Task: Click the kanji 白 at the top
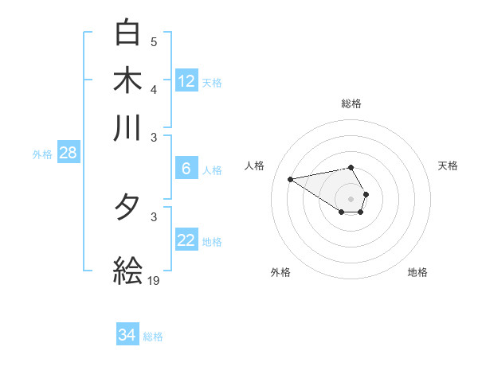coord(127,33)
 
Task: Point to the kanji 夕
coord(127,208)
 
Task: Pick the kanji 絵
coord(127,271)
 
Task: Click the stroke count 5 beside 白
coord(154,42)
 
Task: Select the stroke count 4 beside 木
coord(154,89)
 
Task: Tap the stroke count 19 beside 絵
coord(155,281)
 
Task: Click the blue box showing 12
coord(186,80)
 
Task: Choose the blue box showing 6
coord(186,168)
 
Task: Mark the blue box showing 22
coord(186,240)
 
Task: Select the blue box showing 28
coord(68,153)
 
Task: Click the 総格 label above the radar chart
coord(351,103)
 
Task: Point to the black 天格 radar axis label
coord(448,166)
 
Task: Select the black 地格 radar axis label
coord(417,272)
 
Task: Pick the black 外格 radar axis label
coord(280,272)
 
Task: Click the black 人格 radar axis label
coord(255,166)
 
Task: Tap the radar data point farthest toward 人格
coord(291,178)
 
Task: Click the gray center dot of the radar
coord(351,198)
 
